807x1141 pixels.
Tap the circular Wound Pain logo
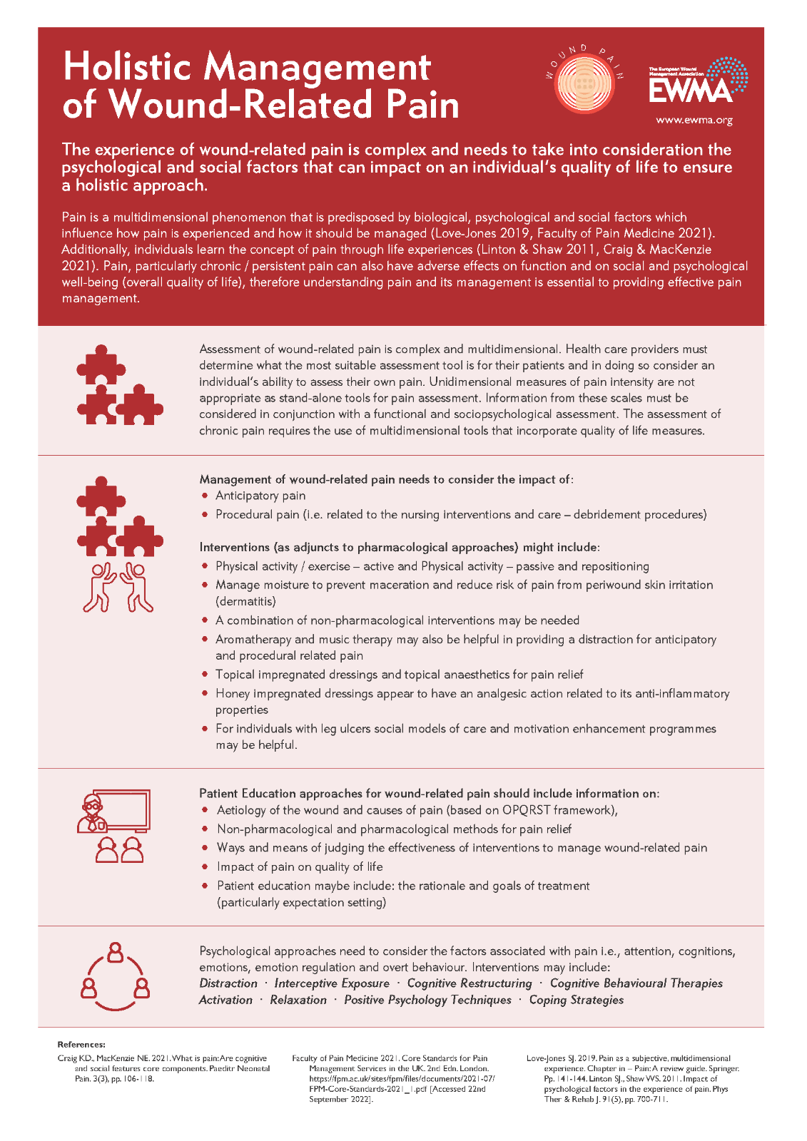tap(584, 83)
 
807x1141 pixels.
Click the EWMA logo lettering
tap(690, 91)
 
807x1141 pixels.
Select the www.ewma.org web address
tap(694, 120)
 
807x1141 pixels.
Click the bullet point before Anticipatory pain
tap(205, 496)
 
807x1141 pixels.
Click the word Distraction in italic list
tap(228, 983)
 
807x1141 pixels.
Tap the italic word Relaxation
tap(298, 1000)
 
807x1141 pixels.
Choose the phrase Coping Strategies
tap(576, 1000)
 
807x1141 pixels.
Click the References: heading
tap(81, 1045)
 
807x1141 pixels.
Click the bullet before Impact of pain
tap(205, 866)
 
